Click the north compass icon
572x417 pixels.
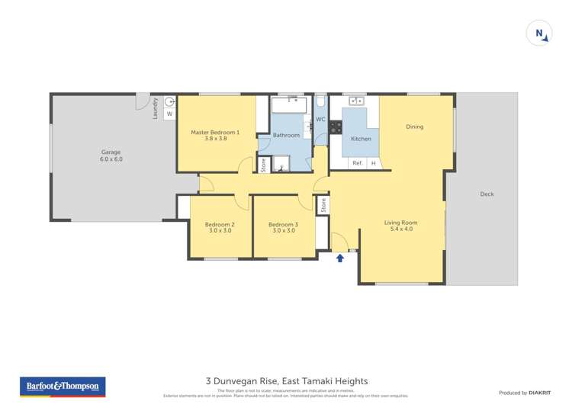539,34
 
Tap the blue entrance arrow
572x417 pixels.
340,258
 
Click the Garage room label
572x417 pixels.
111,156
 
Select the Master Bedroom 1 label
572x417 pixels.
215,135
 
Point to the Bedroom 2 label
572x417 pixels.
220,227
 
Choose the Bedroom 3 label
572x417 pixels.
283,227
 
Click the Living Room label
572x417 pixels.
401,226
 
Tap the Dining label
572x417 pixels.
414,127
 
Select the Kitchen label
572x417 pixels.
361,139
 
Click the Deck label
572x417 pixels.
487,194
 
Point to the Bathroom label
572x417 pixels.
287,135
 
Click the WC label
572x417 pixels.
320,120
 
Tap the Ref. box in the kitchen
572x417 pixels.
357,163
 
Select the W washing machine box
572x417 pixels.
170,114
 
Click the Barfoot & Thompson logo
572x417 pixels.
62,387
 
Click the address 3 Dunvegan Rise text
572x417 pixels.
287,380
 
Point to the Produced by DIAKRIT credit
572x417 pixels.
525,393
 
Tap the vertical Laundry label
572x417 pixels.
156,108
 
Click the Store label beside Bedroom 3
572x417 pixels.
323,204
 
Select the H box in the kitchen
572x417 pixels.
374,163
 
